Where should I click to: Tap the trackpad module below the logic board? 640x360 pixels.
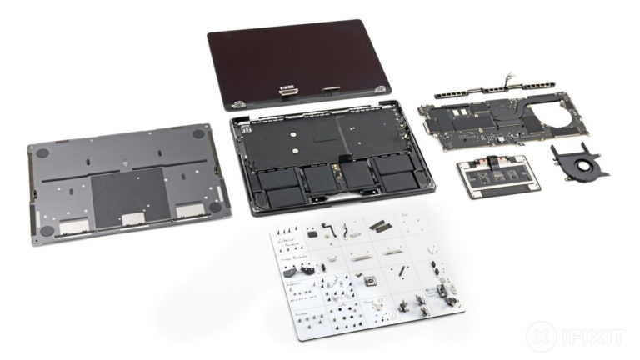[494, 177]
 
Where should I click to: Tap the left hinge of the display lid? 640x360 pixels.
[238, 104]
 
